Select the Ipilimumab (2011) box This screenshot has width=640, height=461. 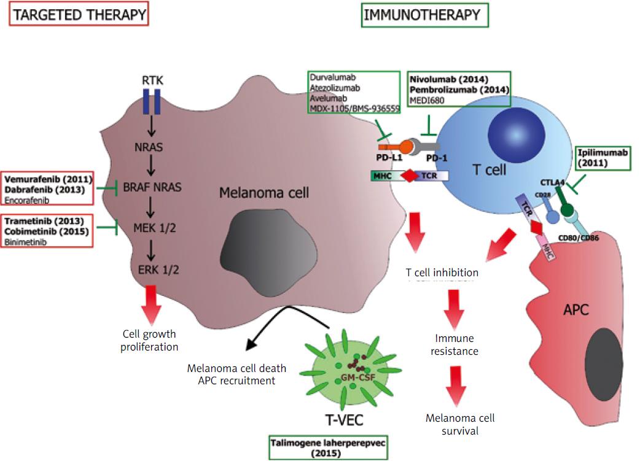click(602, 158)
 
